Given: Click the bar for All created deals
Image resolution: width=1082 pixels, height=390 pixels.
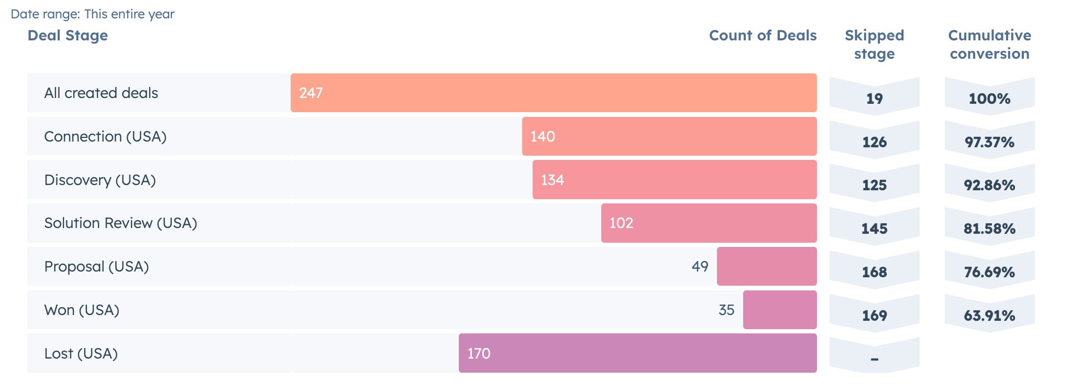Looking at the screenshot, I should click(553, 93).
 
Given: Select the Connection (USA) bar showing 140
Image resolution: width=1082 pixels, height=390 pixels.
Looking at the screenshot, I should click(669, 136).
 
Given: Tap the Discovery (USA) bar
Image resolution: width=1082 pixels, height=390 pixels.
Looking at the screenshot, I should click(674, 180).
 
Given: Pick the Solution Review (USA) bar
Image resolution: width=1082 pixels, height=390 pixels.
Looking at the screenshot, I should click(709, 223).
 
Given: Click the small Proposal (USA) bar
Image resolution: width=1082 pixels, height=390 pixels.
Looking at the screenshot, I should click(766, 266).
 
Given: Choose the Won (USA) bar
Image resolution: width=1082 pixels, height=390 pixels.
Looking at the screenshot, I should click(779, 310).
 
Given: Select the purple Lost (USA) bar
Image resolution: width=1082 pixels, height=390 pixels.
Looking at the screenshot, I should click(637, 353).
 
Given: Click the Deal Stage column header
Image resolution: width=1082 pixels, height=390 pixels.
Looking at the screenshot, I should click(68, 36).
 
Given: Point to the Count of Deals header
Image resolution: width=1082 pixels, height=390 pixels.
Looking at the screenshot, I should click(763, 36).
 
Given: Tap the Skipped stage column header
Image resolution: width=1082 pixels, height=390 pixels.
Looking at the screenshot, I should click(874, 45).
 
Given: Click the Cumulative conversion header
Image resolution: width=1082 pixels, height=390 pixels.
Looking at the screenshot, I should click(989, 45).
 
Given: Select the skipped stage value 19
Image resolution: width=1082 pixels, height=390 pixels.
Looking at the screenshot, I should click(874, 99).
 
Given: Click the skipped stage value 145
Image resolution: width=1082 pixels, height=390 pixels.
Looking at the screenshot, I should click(874, 229).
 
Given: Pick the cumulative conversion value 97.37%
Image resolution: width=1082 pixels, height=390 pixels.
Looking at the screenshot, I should click(989, 142).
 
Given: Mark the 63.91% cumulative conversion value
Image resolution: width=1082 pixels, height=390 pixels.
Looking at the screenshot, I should click(989, 316).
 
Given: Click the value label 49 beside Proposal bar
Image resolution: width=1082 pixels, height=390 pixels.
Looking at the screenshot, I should click(700, 266).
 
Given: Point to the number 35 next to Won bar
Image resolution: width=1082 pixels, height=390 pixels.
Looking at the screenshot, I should click(726, 310).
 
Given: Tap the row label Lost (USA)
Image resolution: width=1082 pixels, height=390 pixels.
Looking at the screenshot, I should click(81, 353).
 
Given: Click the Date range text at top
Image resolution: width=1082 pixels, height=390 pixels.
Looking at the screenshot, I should click(92, 14).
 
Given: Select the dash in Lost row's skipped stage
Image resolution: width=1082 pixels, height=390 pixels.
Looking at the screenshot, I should click(874, 359).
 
